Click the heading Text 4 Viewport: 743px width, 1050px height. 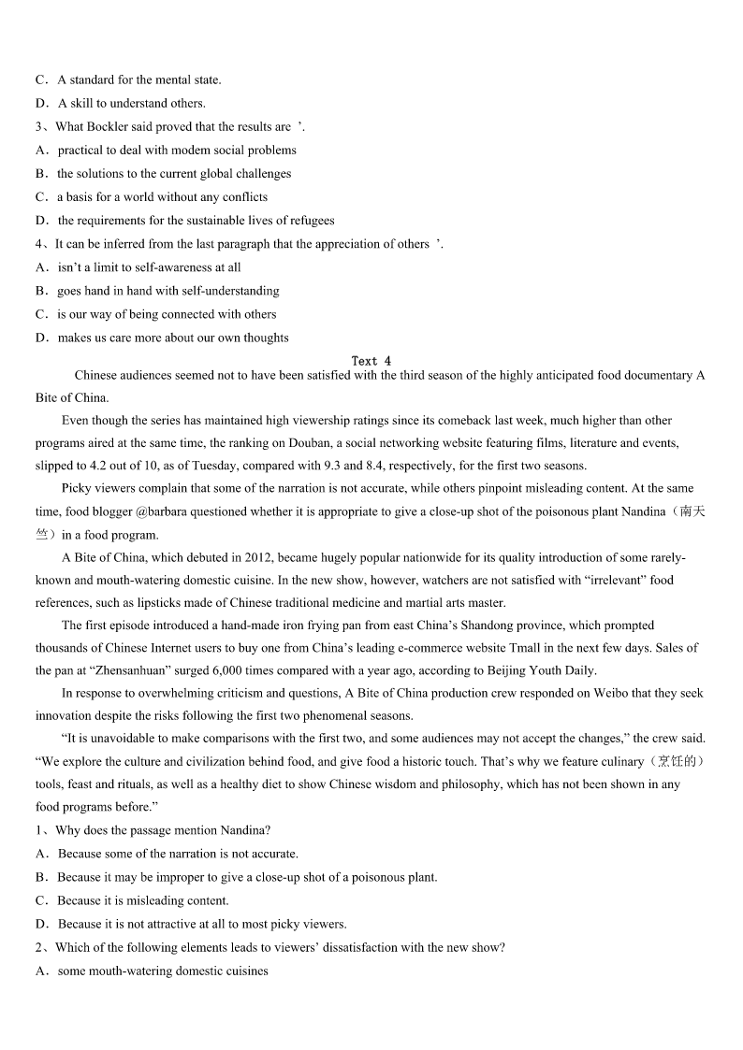click(x=371, y=361)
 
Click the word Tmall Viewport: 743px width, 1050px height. click(x=526, y=648)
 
